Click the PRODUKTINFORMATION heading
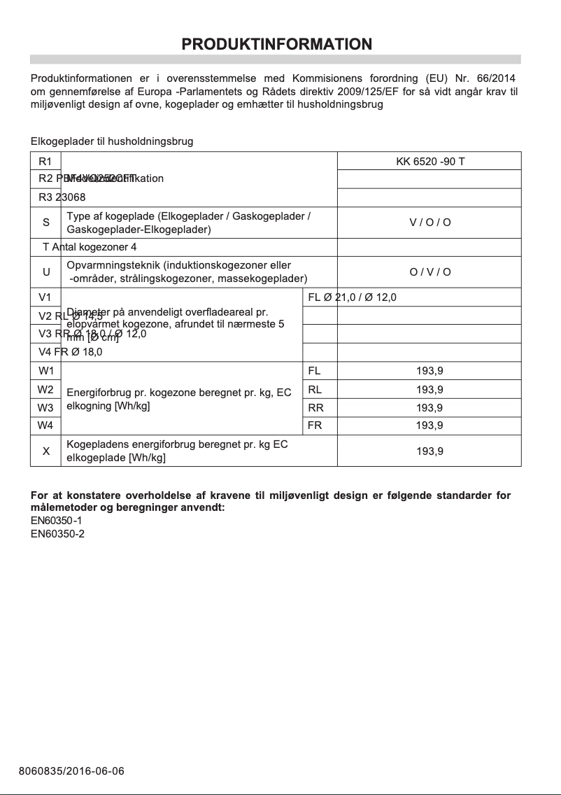pyautogui.click(x=276, y=44)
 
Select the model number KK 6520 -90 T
pyautogui.click(x=429, y=162)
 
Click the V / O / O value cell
pyautogui.click(x=429, y=223)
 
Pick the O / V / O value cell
pyautogui.click(x=429, y=272)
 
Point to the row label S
pyautogui.click(x=46, y=223)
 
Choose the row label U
pyautogui.click(x=46, y=272)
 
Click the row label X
pyautogui.click(x=46, y=451)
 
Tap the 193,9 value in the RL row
pyautogui.click(x=429, y=390)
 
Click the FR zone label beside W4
pyautogui.click(x=315, y=425)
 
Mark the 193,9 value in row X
pyautogui.click(x=429, y=451)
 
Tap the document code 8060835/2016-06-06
pyautogui.click(x=71, y=771)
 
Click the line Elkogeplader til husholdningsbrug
pyautogui.click(x=112, y=141)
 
